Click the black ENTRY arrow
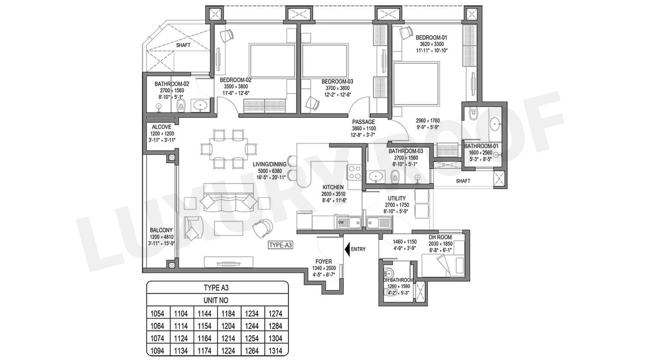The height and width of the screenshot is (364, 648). [x=347, y=249]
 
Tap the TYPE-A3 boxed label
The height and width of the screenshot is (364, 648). [x=280, y=245]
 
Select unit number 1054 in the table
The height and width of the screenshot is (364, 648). [x=157, y=313]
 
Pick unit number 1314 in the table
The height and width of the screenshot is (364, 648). [x=276, y=351]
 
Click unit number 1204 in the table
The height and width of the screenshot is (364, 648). [x=228, y=326]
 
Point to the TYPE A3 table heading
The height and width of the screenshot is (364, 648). [x=216, y=288]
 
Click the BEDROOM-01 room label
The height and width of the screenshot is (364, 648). [x=431, y=38]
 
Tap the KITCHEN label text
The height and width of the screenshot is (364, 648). [x=333, y=187]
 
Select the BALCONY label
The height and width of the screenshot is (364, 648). [x=161, y=230]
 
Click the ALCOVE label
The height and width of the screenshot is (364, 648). [x=161, y=127]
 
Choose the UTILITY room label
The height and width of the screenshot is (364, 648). [x=396, y=198]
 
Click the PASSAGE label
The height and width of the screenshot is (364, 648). [x=363, y=122]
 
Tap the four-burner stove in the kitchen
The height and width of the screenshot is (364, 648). [x=355, y=173]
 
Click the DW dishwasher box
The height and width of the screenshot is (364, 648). [x=341, y=222]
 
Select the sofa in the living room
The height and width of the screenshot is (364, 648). [x=229, y=201]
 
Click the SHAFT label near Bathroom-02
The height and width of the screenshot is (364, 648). [x=183, y=45]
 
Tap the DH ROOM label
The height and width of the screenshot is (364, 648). [x=440, y=237]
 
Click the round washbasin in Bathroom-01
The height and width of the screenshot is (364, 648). [x=495, y=123]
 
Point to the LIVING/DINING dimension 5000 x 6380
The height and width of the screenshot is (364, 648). [x=269, y=171]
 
